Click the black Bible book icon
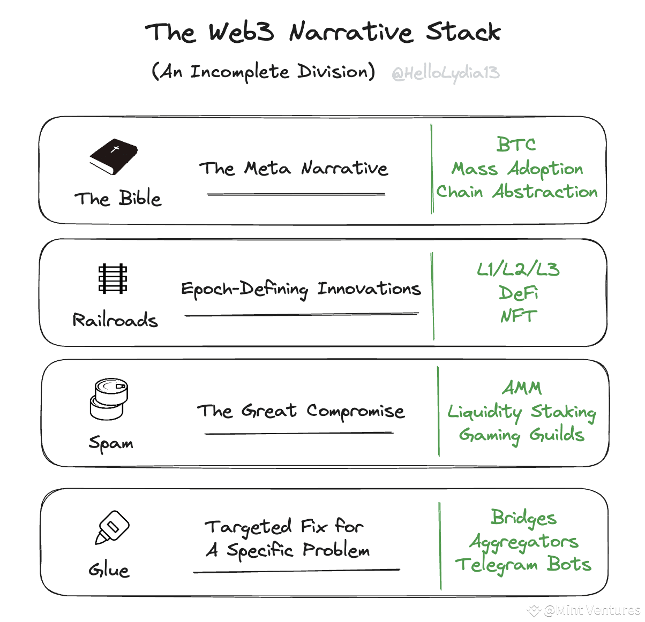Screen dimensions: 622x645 [114, 156]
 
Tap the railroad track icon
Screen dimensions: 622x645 [112, 278]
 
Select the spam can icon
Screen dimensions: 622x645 [109, 399]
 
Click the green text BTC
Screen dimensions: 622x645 [516, 145]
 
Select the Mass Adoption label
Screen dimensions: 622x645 [517, 169]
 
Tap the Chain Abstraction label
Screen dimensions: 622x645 [517, 192]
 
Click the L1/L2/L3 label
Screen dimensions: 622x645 [518, 269]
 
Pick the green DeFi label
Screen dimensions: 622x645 [518, 293]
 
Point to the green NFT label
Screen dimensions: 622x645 [518, 316]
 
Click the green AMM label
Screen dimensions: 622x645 [522, 388]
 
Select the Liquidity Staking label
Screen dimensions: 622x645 [522, 412]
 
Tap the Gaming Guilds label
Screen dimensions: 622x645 [521, 435]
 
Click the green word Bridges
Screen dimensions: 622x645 [523, 518]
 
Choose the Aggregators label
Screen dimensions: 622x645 [524, 542]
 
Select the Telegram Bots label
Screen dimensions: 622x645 [523, 565]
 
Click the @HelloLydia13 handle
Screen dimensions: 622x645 [446, 73]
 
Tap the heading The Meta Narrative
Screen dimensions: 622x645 [294, 169]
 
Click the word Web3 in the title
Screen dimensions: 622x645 [241, 32]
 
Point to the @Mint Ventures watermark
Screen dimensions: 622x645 [586, 610]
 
